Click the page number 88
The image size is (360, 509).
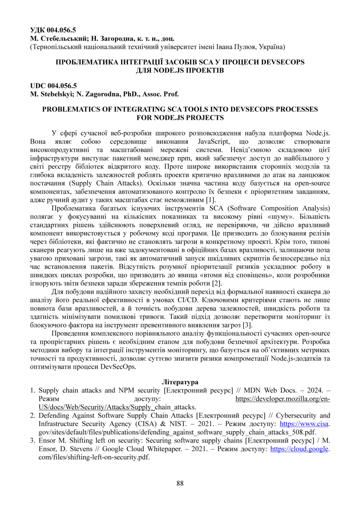tap(180, 483)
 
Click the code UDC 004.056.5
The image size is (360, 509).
tap(53, 86)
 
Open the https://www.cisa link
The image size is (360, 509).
tap(304, 424)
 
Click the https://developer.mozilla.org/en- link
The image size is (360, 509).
tap(283, 399)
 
